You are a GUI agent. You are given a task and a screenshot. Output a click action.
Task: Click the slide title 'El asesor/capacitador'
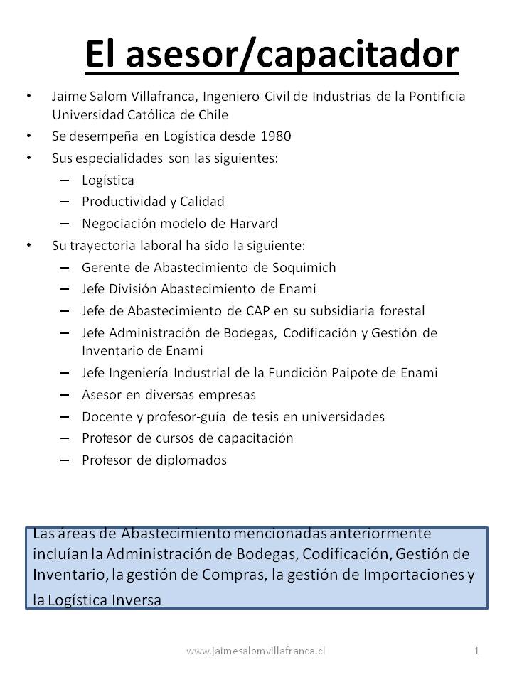(272, 54)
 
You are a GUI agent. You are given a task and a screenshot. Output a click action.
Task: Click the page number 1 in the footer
(476, 650)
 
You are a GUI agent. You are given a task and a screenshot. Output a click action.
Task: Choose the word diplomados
(192, 460)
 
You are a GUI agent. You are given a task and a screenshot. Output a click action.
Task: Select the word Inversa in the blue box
(137, 600)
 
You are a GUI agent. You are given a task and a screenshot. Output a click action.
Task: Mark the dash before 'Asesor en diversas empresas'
(65, 394)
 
